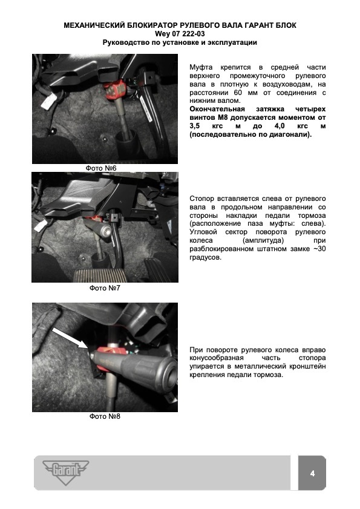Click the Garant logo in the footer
(x=65, y=472)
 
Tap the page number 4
(x=312, y=473)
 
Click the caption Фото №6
(x=101, y=168)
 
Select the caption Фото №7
(x=105, y=288)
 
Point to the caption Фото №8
(x=105, y=416)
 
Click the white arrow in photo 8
(x=70, y=338)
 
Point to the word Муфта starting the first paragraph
(x=201, y=68)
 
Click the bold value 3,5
(x=195, y=126)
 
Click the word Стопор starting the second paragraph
(x=202, y=199)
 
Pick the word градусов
(x=206, y=258)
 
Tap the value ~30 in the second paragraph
(x=319, y=249)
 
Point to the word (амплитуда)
(x=263, y=240)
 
